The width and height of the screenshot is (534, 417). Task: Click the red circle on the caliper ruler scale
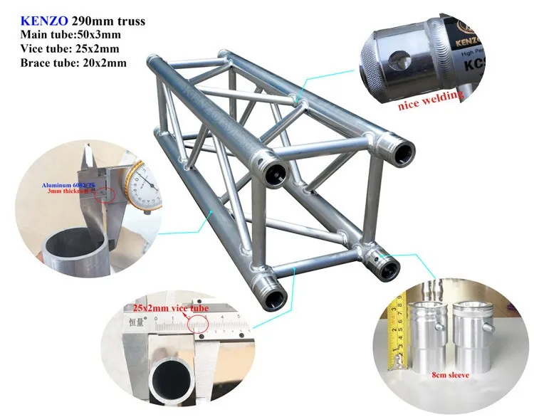[200, 323]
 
